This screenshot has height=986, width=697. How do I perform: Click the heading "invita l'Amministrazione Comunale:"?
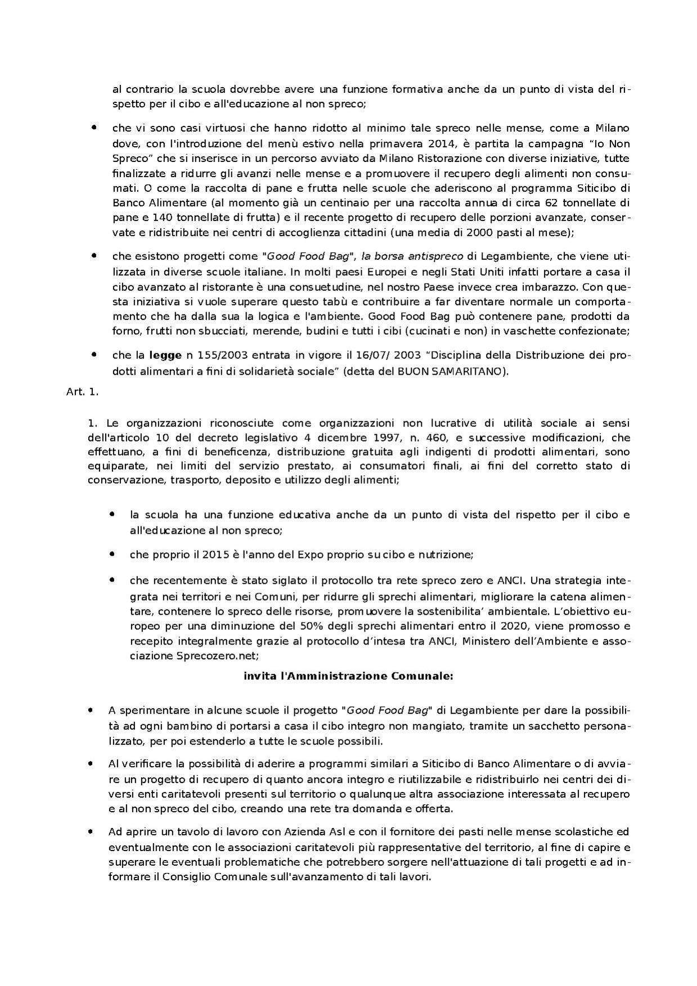348,676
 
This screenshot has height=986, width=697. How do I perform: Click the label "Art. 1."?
82,393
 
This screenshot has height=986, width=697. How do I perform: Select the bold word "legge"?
165,355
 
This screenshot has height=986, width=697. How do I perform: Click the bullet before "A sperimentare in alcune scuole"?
91,710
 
